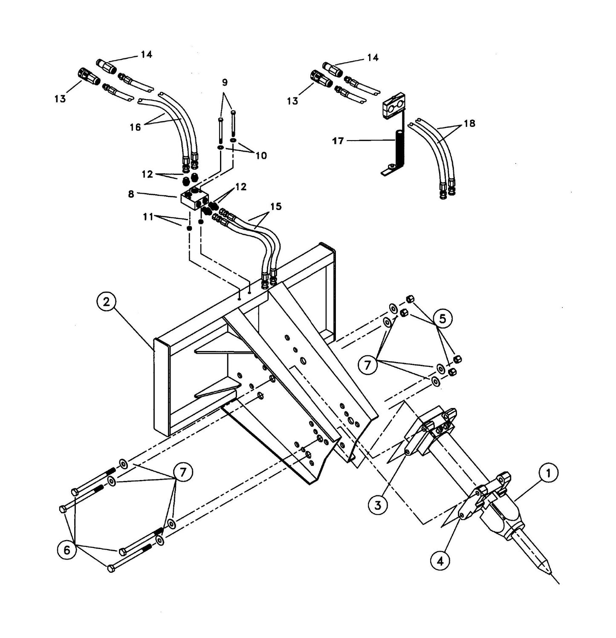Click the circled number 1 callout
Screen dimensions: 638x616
click(x=548, y=473)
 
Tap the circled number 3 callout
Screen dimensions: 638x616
click(x=378, y=505)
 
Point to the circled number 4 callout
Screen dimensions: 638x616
click(x=440, y=561)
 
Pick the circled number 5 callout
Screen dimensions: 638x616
click(x=443, y=318)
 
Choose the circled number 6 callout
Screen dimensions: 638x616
click(x=67, y=550)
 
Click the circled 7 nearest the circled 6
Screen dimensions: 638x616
click(x=183, y=472)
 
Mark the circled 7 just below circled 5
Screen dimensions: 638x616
click(x=368, y=365)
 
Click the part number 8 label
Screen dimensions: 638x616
click(x=131, y=194)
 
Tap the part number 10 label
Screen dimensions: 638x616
click(x=261, y=155)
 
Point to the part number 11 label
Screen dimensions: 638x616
click(x=148, y=217)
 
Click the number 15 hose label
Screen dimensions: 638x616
click(x=276, y=207)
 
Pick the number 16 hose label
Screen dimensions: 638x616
click(x=135, y=127)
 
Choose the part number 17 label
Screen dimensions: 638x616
click(x=338, y=141)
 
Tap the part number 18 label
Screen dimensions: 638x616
click(x=469, y=124)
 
